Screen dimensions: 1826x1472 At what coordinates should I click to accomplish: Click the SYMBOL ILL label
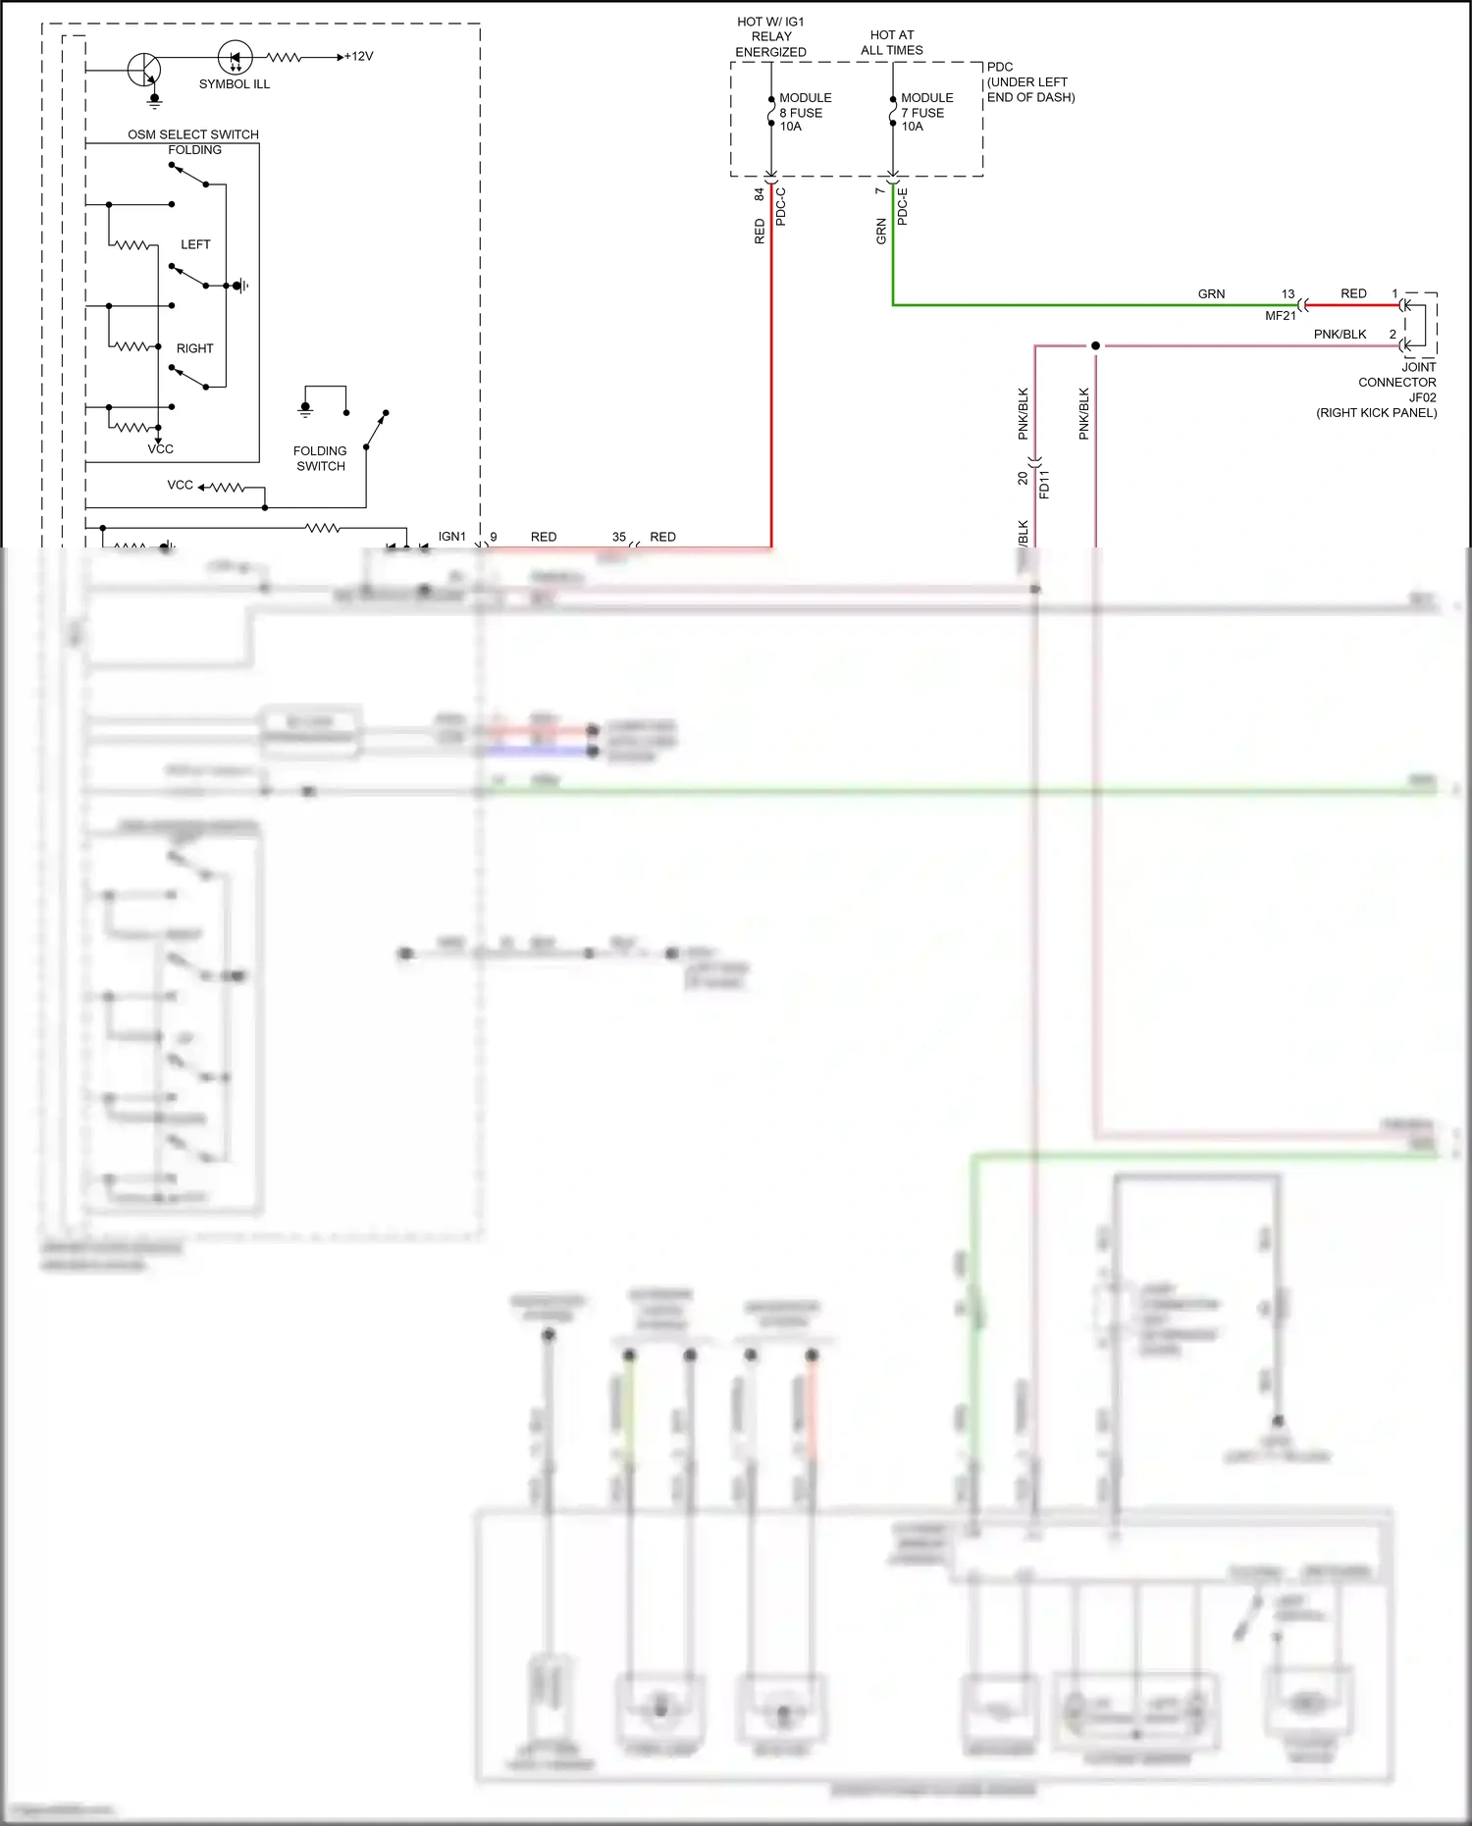234,84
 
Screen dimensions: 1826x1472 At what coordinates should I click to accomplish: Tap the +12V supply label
358,57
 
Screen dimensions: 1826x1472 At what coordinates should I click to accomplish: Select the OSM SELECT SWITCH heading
193,134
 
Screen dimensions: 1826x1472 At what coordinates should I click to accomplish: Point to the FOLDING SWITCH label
320,458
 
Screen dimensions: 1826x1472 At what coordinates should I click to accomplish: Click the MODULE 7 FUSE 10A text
926,112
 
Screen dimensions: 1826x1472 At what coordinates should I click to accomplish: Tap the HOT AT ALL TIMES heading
891,42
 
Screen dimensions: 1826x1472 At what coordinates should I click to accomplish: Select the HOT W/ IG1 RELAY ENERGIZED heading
770,36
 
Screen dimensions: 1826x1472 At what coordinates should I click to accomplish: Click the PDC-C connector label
781,207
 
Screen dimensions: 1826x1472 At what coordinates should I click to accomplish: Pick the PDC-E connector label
903,207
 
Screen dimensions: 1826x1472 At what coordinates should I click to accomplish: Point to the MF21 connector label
1280,316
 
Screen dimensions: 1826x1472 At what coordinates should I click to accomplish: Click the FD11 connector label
1044,485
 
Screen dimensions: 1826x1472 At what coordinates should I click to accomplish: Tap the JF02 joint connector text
1422,397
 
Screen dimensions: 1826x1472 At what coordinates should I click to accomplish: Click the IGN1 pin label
451,537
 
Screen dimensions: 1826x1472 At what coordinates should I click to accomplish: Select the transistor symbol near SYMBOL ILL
144,70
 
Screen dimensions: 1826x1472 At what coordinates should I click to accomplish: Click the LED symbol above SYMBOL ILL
235,58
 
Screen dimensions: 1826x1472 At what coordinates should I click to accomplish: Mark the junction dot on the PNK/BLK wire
1095,345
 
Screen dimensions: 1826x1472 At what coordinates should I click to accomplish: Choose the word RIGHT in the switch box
194,348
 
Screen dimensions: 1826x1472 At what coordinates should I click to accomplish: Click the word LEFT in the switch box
195,244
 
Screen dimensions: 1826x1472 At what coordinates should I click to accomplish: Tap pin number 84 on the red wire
759,195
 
